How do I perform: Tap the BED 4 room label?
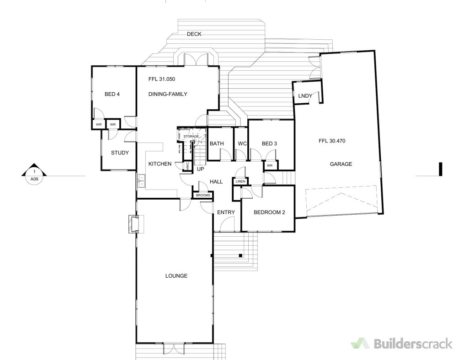pyautogui.click(x=112, y=95)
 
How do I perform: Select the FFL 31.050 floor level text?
pyautogui.click(x=162, y=79)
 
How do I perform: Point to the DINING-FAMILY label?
pyautogui.click(x=168, y=95)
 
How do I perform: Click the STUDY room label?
pyautogui.click(x=120, y=153)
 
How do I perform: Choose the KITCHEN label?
pyautogui.click(x=160, y=164)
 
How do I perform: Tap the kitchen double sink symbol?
pyautogui.click(x=141, y=181)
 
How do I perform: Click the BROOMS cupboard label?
pyautogui.click(x=203, y=196)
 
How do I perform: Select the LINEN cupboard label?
pyautogui.click(x=240, y=182)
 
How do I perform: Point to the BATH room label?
pyautogui.click(x=217, y=144)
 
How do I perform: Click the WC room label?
pyautogui.click(x=242, y=144)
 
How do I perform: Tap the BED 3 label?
pyautogui.click(x=269, y=144)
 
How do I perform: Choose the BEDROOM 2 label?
pyautogui.click(x=269, y=212)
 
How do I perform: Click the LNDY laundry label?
pyautogui.click(x=305, y=96)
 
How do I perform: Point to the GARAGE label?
pyautogui.click(x=341, y=164)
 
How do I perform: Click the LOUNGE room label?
pyautogui.click(x=176, y=276)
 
